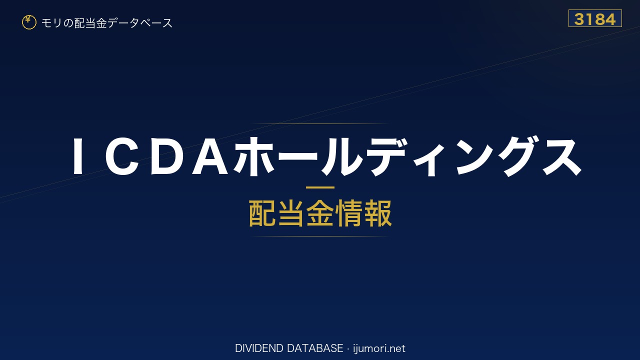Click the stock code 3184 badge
pyautogui.click(x=595, y=18)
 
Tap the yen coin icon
pyautogui.click(x=29, y=22)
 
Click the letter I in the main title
pyautogui.click(x=78, y=156)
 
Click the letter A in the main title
pyautogui.click(x=210, y=156)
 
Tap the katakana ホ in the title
pyautogui.click(x=255, y=156)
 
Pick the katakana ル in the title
pyautogui.click(x=341, y=156)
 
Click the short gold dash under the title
pyautogui.click(x=320, y=187)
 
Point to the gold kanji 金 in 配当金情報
pyautogui.click(x=320, y=213)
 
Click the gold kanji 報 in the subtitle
pyautogui.click(x=377, y=213)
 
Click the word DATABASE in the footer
pyautogui.click(x=315, y=348)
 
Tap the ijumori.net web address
pyautogui.click(x=379, y=348)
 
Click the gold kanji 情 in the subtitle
pyautogui.click(x=349, y=213)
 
